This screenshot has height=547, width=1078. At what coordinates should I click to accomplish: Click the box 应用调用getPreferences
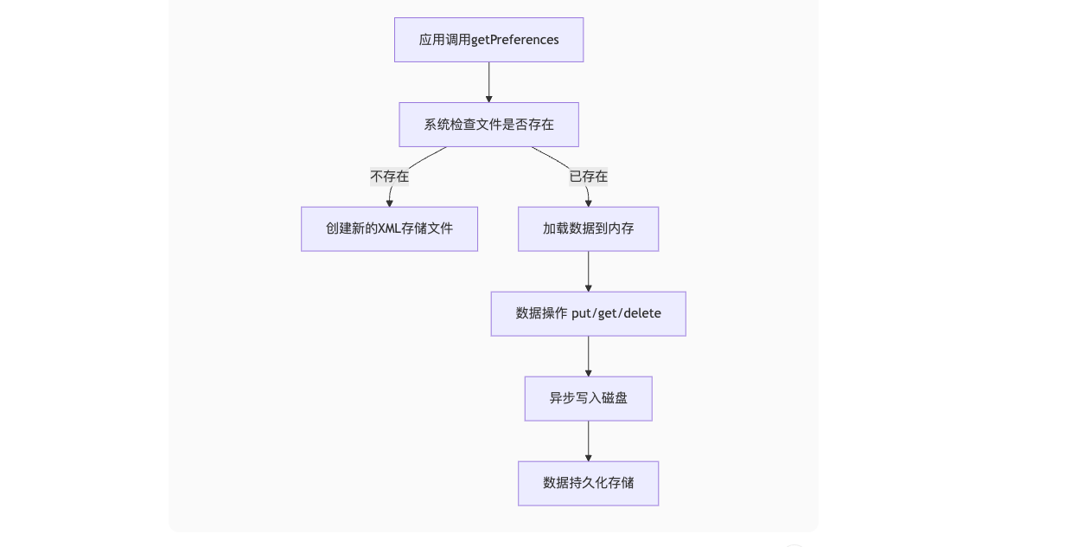point(488,40)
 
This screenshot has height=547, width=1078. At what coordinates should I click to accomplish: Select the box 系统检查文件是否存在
point(488,125)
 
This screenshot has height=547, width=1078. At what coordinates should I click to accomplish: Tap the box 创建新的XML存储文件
point(389,228)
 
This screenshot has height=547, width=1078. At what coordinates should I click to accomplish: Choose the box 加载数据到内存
point(588,228)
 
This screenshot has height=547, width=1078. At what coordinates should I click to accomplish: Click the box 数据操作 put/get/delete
point(588,313)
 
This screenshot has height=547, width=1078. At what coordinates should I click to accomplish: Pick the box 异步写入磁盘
point(588,398)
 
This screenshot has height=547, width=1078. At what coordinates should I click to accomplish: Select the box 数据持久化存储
point(588,483)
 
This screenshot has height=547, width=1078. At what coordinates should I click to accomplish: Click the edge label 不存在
point(389,177)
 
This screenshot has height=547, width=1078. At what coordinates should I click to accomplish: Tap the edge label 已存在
point(588,177)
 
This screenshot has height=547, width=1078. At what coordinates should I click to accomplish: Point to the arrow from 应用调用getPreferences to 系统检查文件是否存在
point(488,82)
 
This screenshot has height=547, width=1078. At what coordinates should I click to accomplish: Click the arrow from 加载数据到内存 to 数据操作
point(588,271)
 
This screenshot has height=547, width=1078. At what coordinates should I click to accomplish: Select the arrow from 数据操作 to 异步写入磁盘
point(588,356)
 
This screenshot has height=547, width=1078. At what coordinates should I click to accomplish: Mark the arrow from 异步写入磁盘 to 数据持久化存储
point(588,441)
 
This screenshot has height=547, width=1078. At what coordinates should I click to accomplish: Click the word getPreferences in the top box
point(515,40)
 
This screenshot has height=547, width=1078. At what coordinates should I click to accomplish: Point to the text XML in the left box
point(390,228)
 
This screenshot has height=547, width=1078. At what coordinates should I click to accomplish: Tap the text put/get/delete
point(616,313)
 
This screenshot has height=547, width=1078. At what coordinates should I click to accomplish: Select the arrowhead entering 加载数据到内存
point(588,203)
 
